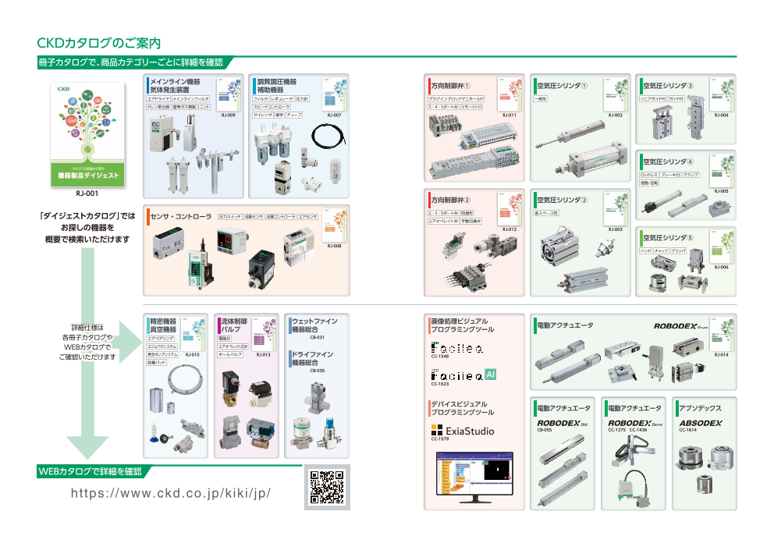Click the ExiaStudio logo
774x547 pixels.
coord(463,431)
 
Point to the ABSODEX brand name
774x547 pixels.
coord(700,422)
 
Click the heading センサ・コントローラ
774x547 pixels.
coord(182,216)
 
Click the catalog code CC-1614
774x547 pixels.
coord(687,430)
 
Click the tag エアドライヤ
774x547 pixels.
coord(158,100)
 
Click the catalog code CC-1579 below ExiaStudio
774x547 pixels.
coord(440,440)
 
